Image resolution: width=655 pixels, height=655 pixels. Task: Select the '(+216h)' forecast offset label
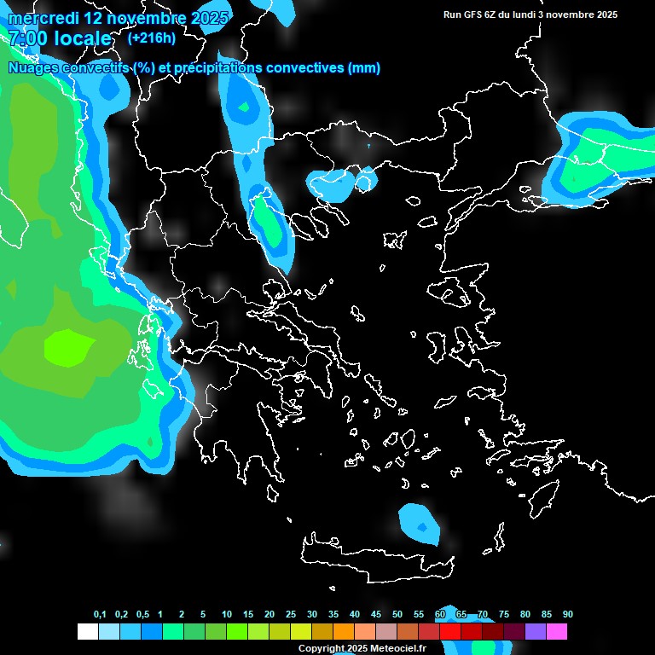151,38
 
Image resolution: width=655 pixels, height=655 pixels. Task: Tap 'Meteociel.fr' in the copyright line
385,648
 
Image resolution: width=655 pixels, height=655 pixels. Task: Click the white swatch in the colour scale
87,632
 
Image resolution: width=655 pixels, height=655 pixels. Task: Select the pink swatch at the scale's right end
557,632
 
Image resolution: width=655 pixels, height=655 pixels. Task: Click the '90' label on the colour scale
567,615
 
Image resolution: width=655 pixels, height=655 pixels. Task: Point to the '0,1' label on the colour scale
100,615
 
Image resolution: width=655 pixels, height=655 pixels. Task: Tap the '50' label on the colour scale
397,615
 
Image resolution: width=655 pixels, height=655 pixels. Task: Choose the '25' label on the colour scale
291,615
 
